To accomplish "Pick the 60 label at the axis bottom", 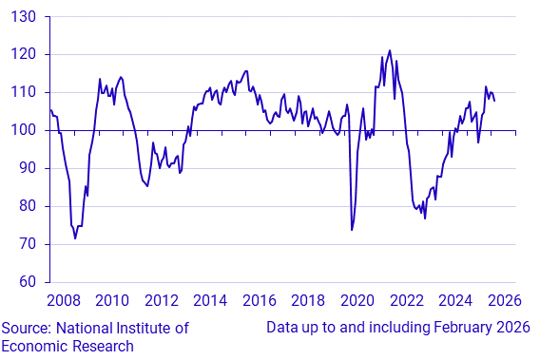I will pos(25,282).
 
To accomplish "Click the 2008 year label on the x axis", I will pos(63,301).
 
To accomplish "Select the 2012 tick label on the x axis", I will pos(161,301).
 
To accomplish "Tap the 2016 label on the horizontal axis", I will pos(260,301).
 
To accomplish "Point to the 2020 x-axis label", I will pos(357,301).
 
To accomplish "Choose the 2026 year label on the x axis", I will pos(505,301).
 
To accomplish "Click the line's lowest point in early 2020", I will pos(352,230).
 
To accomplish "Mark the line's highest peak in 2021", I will pos(390,50).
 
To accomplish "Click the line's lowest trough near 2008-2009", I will pos(75,237).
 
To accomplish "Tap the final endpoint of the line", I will pos(493,100).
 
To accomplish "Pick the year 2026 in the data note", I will pos(503,328).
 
